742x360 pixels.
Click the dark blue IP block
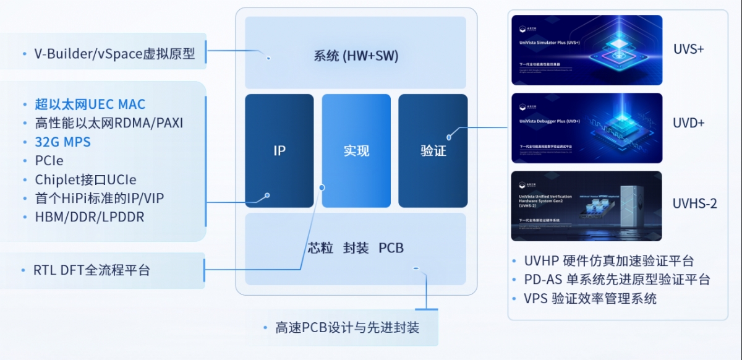279,150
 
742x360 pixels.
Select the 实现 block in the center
356,150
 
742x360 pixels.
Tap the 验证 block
433,150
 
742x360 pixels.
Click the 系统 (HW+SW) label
356,56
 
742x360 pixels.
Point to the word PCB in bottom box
391,248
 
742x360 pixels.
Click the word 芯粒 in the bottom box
321,248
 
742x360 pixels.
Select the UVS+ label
689,49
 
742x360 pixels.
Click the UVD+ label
689,123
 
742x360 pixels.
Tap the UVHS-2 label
695,204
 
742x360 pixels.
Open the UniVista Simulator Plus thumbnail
587,50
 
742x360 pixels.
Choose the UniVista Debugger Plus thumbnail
587,128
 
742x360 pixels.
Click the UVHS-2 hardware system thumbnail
587,206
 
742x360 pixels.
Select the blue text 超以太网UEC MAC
90,104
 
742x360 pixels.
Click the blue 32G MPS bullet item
62,142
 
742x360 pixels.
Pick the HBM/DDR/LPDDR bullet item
90,217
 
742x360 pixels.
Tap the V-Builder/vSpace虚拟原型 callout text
114,54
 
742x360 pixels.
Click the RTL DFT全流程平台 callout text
92,270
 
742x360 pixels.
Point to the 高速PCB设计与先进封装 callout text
347,327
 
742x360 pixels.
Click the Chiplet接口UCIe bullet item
85,179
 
